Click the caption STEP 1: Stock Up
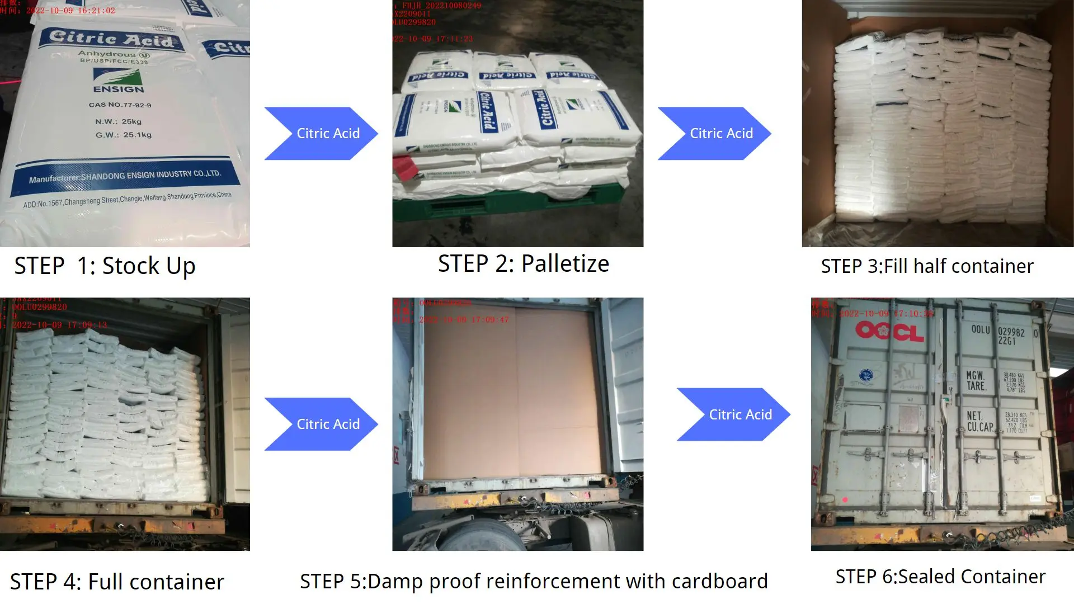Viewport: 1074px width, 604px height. [105, 266]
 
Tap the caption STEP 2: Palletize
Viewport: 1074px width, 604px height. [523, 264]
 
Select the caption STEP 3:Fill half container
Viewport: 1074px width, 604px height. [927, 267]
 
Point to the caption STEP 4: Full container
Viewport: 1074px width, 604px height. [117, 582]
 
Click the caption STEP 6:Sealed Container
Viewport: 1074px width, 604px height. [940, 577]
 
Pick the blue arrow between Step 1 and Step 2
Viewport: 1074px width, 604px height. [321, 134]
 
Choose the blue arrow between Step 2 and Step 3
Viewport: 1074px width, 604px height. [714, 134]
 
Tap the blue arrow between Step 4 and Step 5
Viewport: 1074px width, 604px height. [321, 424]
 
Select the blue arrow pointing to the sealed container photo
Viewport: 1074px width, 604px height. [733, 414]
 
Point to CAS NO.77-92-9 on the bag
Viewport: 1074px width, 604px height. [120, 105]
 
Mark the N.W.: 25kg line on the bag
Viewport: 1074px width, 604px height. [118, 121]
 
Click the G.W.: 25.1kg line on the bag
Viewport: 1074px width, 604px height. [123, 135]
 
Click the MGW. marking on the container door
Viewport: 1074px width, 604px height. [975, 375]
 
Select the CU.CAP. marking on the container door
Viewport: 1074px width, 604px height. [980, 427]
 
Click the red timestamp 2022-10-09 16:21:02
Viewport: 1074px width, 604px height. [70, 11]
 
